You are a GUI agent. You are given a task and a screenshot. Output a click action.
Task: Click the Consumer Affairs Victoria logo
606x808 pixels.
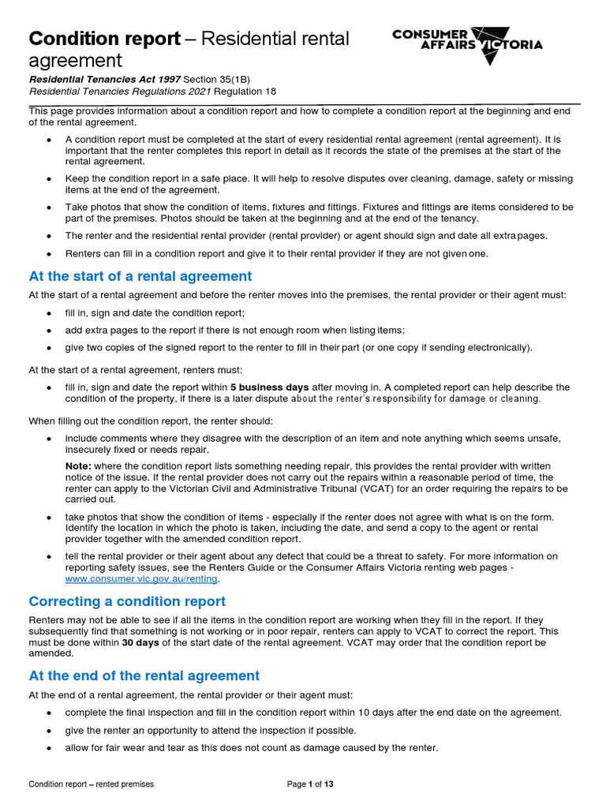click(467, 40)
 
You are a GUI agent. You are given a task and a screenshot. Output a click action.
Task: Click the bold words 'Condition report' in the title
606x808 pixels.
click(104, 39)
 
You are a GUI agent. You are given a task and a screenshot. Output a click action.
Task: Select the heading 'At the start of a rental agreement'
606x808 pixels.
click(140, 276)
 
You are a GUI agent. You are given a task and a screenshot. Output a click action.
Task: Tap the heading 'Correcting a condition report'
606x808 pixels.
click(127, 601)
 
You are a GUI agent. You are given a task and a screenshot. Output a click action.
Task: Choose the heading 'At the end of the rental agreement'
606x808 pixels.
click(144, 675)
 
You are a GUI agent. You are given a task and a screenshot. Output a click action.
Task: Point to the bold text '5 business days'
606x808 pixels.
click(270, 387)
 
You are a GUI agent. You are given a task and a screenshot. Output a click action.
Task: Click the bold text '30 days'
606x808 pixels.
click(140, 643)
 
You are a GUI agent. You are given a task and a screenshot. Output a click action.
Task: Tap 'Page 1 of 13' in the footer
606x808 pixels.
click(310, 784)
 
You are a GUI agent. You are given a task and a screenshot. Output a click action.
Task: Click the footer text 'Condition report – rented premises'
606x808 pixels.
click(92, 784)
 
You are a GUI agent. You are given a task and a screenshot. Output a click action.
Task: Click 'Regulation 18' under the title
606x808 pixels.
click(236, 92)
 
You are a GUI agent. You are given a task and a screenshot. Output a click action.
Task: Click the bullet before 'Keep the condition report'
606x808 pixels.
click(50, 178)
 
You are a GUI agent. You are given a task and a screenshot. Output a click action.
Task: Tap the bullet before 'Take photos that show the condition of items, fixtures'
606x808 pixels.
click(50, 207)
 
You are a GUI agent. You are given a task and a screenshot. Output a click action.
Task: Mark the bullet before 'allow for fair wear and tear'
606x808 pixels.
click(50, 748)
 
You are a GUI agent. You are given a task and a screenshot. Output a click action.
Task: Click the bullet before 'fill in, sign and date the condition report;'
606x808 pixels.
click(50, 313)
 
